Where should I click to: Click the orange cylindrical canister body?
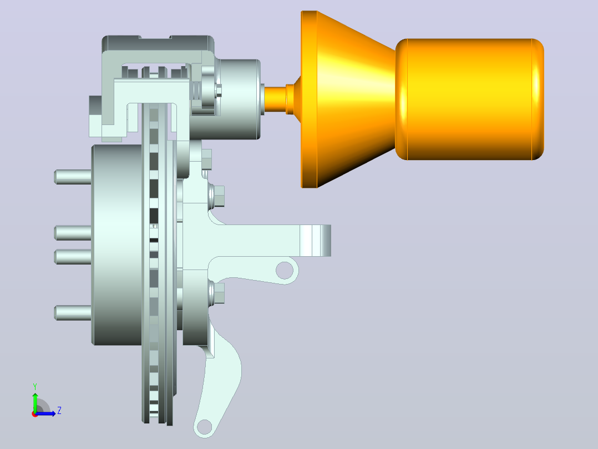point(469,99)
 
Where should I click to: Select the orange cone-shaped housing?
point(347,99)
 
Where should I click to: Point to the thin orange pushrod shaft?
point(275,99)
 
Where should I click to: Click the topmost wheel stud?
point(73,177)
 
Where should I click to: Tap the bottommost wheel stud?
point(73,313)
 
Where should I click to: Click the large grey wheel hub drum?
point(117,245)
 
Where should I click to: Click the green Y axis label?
point(35,387)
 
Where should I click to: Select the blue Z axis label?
point(59,411)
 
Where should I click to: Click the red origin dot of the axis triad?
point(35,414)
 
